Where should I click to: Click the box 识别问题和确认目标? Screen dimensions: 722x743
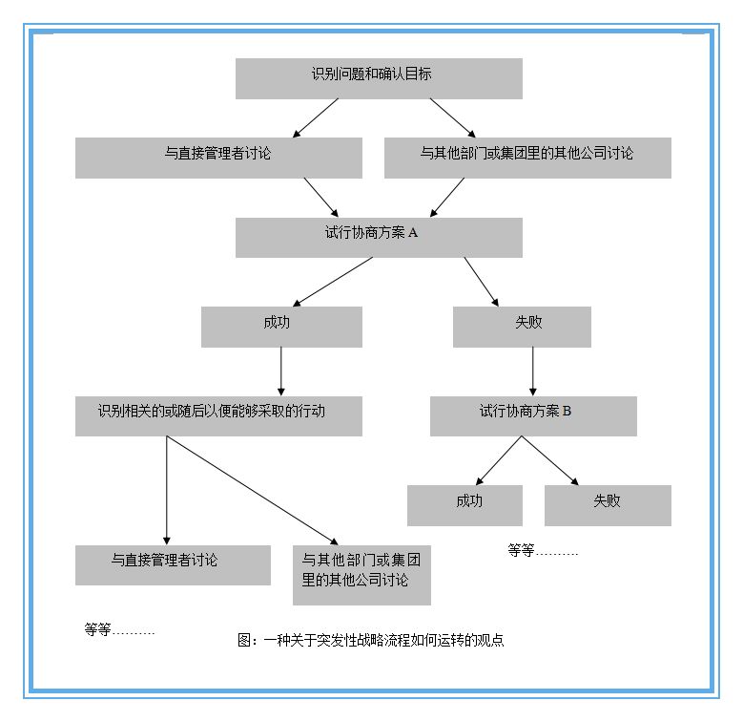coord(379,78)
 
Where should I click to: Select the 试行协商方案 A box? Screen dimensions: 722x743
coord(379,237)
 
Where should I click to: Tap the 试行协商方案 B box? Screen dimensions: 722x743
coord(533,415)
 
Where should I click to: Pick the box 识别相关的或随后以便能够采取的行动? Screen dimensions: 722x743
coord(218,415)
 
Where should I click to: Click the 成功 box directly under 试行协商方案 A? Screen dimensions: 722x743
coord(281,327)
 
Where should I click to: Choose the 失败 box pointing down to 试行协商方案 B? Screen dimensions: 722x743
coord(522,327)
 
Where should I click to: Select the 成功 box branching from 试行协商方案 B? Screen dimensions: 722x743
coord(464,505)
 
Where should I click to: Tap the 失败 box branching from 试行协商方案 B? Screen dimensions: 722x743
coord(608,505)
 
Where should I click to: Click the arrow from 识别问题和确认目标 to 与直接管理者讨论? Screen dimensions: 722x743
coord(318,117)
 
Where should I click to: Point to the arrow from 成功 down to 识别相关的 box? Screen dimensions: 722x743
coord(281,371)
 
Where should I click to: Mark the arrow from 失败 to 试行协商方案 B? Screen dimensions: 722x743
coord(533,371)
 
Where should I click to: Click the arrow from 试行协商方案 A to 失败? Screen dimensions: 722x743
coord(481,281)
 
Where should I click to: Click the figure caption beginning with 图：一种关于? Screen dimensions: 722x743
coord(370,641)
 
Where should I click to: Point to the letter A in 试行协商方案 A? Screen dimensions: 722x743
coord(413,232)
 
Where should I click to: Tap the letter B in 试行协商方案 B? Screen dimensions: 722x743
coord(567,412)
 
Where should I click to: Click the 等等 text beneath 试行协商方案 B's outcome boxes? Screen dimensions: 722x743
coord(542,551)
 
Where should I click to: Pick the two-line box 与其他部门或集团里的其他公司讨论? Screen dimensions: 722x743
coord(361,574)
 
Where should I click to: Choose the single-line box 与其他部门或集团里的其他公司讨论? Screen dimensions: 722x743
coord(527,158)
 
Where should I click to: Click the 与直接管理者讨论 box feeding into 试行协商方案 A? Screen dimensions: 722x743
coord(218,158)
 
